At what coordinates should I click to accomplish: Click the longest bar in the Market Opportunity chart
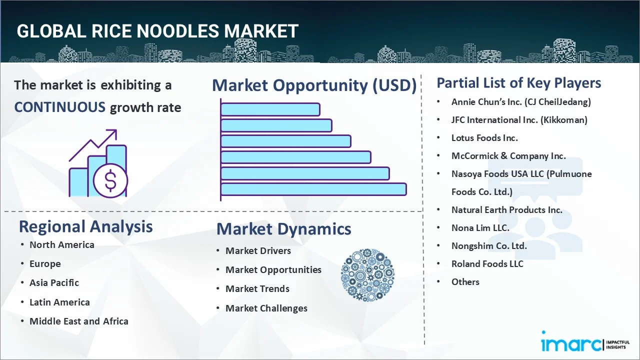tap(313, 189)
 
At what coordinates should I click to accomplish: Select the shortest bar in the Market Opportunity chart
tap(270, 109)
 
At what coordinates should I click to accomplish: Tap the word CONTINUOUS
tap(59, 107)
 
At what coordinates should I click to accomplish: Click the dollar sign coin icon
tap(110, 181)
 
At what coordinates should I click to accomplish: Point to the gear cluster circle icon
tap(367, 275)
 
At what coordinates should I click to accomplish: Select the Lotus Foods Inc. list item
tap(484, 138)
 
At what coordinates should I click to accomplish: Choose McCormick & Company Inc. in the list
tap(508, 156)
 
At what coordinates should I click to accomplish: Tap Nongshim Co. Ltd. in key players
tap(489, 245)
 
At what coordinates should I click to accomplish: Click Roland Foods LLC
tap(487, 263)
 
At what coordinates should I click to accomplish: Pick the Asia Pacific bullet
tap(54, 282)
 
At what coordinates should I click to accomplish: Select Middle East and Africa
tap(78, 321)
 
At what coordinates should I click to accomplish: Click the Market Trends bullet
tap(257, 288)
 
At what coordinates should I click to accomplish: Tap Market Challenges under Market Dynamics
tap(266, 308)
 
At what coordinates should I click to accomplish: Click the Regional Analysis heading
tap(85, 226)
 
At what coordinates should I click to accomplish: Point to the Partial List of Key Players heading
tap(519, 83)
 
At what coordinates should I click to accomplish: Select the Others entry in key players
tap(465, 281)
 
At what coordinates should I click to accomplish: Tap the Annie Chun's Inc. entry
tap(521, 102)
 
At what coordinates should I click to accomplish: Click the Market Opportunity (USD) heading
tap(314, 85)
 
